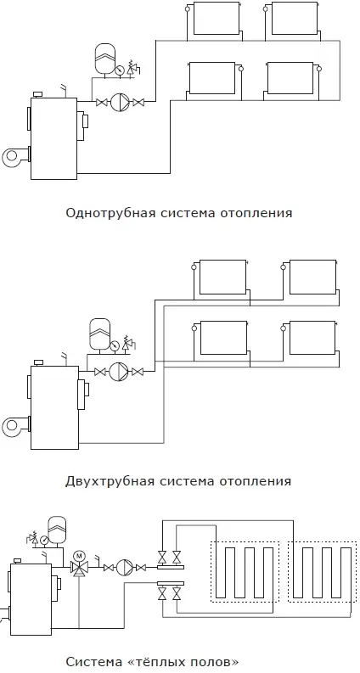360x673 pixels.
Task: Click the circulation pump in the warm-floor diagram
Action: point(124,568)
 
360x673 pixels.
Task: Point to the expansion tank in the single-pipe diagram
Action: point(105,58)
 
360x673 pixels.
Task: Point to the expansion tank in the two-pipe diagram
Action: point(99,333)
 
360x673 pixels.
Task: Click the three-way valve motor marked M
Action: point(79,556)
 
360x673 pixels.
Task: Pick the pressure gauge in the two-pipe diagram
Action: point(115,346)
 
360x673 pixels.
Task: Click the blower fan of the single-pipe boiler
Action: point(14,158)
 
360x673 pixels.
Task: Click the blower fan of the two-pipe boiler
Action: point(14,427)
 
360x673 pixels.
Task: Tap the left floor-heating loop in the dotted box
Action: point(245,572)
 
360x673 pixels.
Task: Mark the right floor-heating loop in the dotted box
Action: point(322,572)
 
